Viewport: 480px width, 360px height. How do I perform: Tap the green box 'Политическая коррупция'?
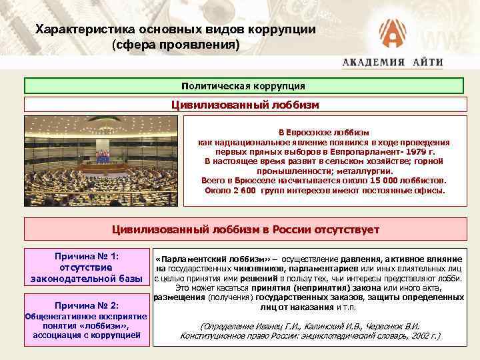[x=243, y=86]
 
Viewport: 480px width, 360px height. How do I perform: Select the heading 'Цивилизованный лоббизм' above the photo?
[x=245, y=105]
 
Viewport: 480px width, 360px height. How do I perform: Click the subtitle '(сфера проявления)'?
[x=175, y=46]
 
